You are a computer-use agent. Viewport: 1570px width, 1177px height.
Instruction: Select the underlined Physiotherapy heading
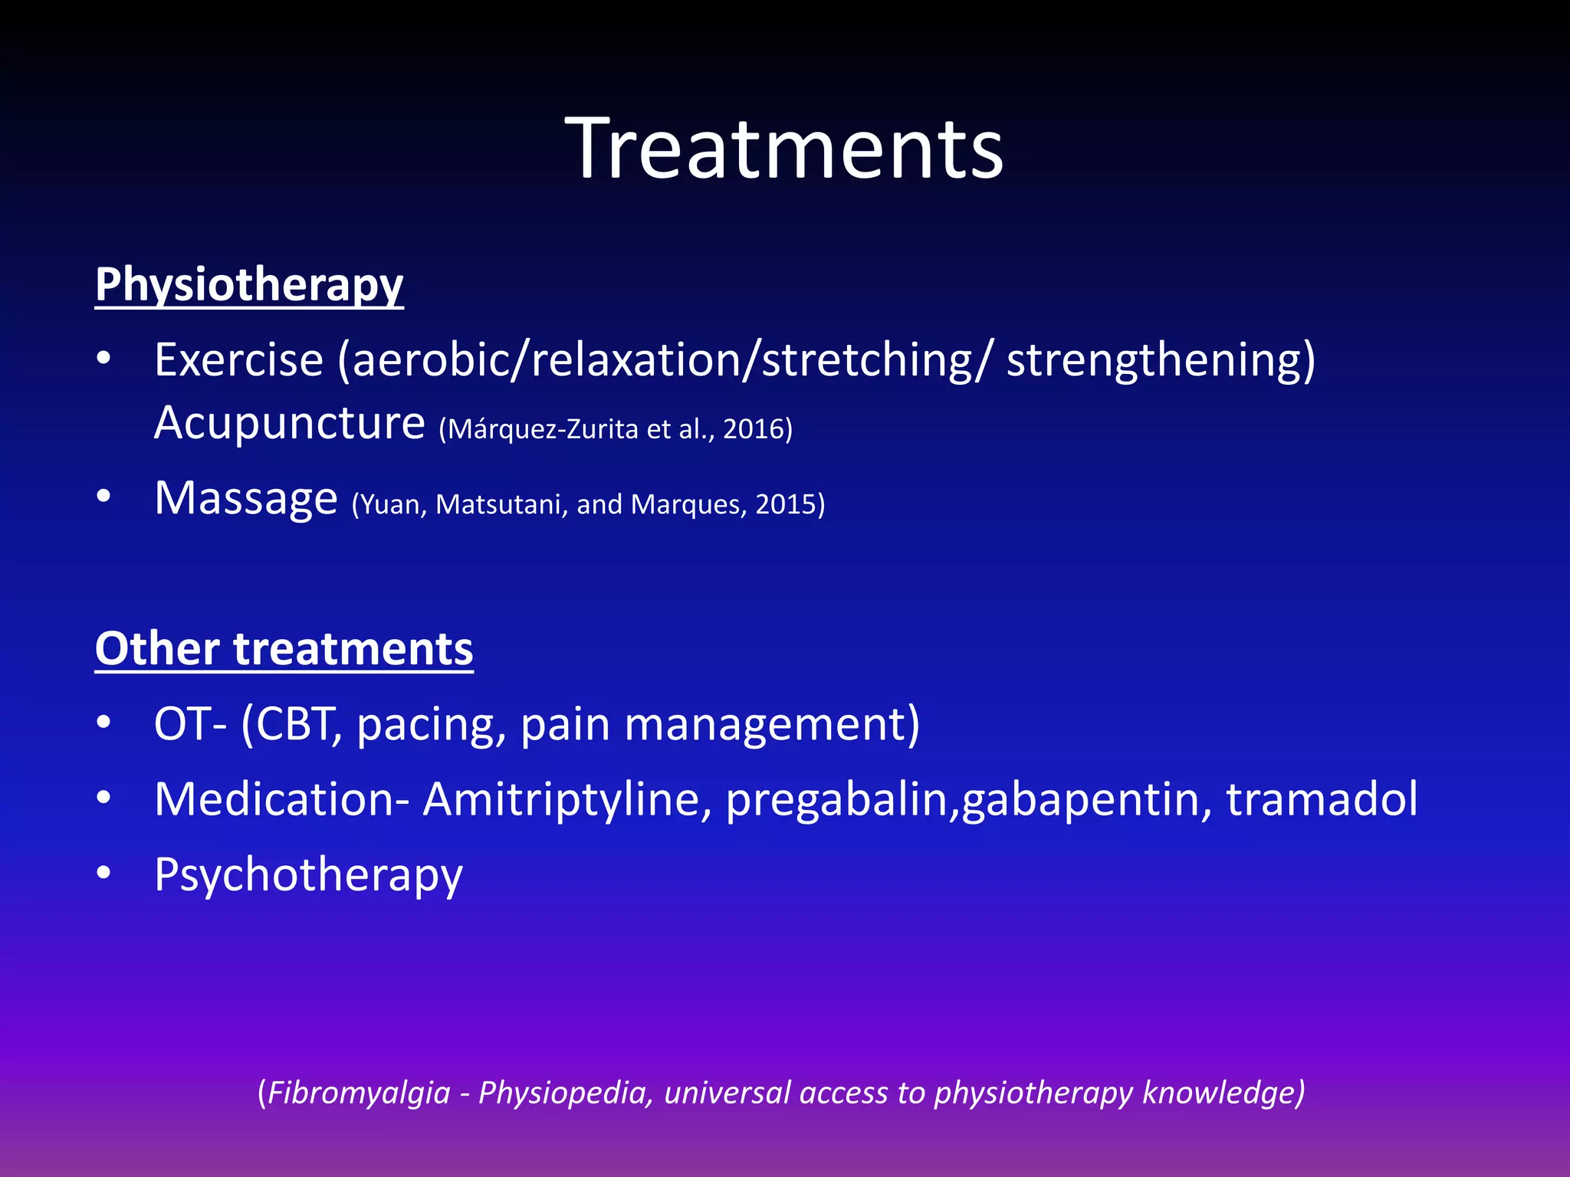[x=249, y=285]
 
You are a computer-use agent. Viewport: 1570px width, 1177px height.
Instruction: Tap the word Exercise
[x=238, y=359]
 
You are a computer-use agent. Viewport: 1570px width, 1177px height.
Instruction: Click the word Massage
[x=246, y=498]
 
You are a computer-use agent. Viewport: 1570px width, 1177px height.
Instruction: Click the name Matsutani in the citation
[x=501, y=504]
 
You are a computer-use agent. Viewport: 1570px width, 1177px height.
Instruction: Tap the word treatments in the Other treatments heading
[x=353, y=649]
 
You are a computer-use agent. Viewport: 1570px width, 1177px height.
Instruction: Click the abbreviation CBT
[x=294, y=723]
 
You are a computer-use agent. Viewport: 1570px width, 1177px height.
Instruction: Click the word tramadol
[x=1322, y=799]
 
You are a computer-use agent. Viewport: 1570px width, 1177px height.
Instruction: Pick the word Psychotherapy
[x=308, y=875]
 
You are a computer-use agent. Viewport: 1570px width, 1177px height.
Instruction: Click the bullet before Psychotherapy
[x=104, y=873]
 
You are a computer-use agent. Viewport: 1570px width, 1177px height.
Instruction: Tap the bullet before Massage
[x=104, y=497]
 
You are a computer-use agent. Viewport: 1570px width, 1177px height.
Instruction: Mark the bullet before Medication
[x=104, y=798]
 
